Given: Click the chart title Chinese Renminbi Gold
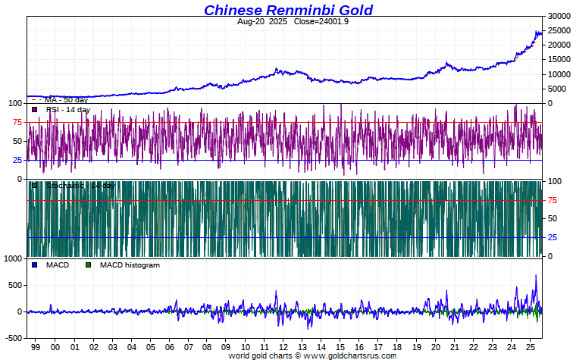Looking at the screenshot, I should coord(288,10).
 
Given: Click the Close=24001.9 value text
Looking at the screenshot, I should coord(318,21).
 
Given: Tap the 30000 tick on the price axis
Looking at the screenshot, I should coord(559,16).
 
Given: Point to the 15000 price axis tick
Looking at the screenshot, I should coord(559,60).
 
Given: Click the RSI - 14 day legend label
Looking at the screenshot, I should coord(67,110).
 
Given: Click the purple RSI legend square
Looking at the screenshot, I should coord(34,110).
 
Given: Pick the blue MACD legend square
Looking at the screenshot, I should coord(34,265).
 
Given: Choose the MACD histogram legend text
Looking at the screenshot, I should coord(130,265).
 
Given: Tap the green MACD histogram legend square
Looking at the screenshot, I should coord(88,265).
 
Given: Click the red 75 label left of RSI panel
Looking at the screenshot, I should coord(17,122).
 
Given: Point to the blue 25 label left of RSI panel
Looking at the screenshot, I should coord(17,160).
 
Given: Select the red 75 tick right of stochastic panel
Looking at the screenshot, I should coord(553,200).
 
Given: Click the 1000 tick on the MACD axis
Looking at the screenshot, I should coord(13,259).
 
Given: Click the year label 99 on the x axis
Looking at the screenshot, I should coord(36,346).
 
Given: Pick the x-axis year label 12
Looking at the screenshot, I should coord(281,346).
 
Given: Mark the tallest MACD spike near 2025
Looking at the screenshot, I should coord(536,276).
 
